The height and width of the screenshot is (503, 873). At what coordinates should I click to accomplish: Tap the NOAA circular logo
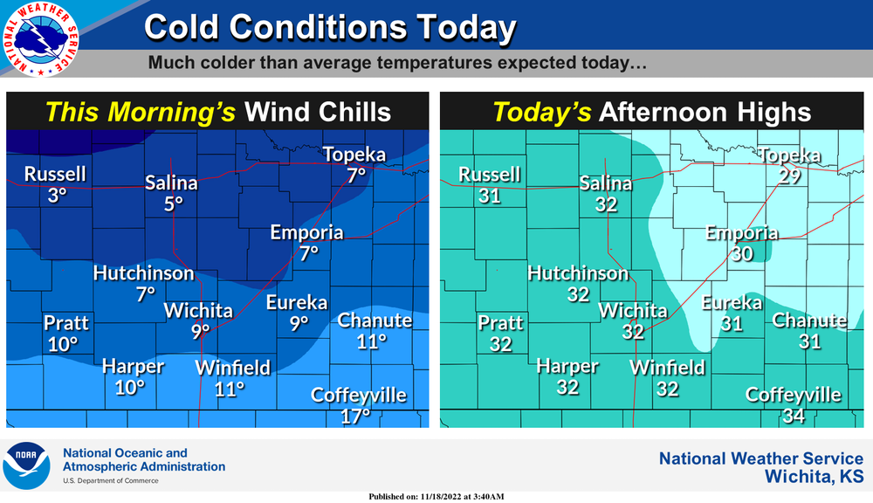(26, 465)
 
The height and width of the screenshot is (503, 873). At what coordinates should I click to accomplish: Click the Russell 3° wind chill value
(57, 196)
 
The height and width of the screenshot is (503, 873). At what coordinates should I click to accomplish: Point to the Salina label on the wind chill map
(172, 183)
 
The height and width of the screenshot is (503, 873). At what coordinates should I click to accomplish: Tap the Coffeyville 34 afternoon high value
(793, 416)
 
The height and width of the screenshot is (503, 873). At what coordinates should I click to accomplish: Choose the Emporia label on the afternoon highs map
(742, 233)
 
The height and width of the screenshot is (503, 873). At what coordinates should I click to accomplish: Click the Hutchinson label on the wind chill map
(144, 273)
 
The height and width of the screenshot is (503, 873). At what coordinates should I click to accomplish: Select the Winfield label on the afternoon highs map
(668, 368)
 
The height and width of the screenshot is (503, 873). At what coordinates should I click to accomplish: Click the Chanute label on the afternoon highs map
(810, 320)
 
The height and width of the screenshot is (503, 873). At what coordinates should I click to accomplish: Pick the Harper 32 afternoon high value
(567, 386)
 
